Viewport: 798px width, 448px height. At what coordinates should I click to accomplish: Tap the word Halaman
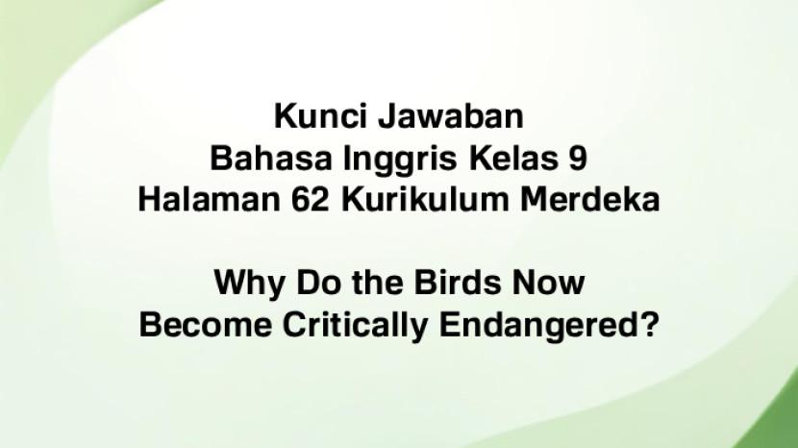point(210,199)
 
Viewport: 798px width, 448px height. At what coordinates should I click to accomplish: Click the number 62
point(311,199)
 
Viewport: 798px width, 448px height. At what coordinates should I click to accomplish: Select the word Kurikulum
point(425,199)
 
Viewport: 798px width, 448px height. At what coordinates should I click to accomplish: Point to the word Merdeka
point(590,199)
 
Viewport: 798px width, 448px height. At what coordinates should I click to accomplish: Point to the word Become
point(206,324)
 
